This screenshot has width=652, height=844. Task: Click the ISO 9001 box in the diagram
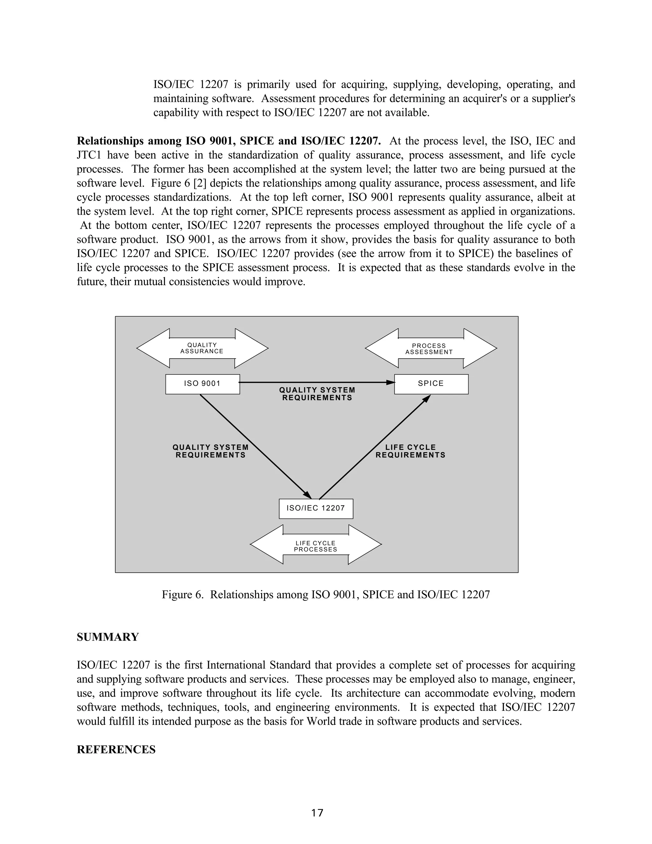pyautogui.click(x=202, y=384)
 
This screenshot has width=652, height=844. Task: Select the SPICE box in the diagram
pyautogui.click(x=431, y=384)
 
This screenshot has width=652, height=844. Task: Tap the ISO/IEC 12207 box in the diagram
pyautogui.click(x=316, y=509)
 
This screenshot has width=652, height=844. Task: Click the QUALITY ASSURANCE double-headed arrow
pyautogui.click(x=202, y=348)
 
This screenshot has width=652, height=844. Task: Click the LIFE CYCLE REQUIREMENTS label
pyautogui.click(x=410, y=451)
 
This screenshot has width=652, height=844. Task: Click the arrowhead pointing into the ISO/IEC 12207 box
pyautogui.click(x=308, y=495)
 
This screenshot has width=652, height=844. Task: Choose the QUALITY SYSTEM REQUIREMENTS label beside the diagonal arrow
pyautogui.click(x=210, y=451)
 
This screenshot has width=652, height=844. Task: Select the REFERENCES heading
pyautogui.click(x=116, y=750)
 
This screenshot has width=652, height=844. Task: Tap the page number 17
pyautogui.click(x=317, y=813)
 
